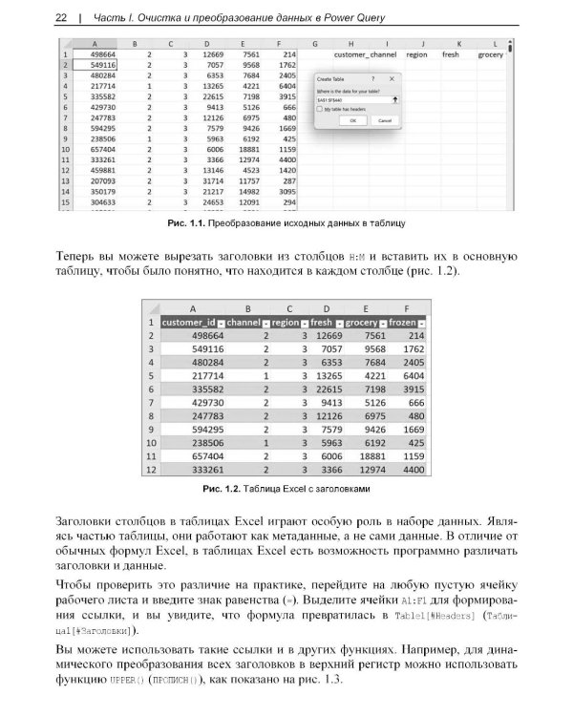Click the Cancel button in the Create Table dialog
coord(384,121)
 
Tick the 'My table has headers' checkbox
coord(321,110)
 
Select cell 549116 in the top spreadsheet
coord(101,65)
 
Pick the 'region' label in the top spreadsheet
coord(416,54)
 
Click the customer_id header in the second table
coord(191,323)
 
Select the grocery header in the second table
coord(361,323)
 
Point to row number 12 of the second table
coord(150,471)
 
